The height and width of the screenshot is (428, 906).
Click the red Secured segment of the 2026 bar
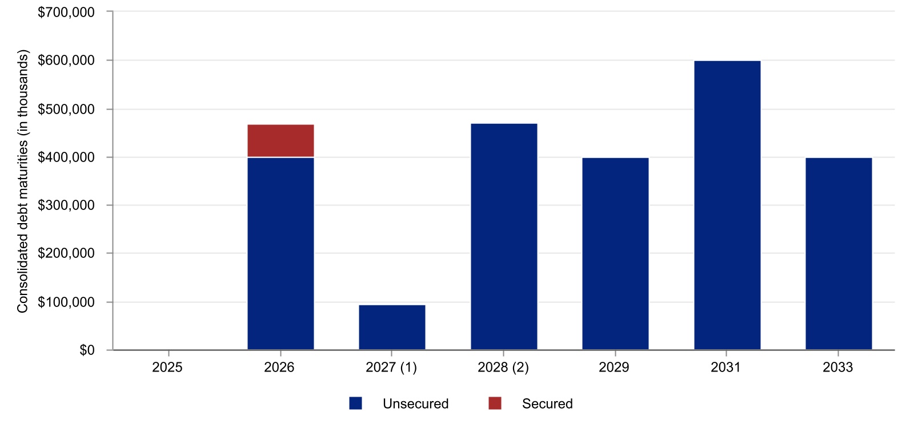pos(280,140)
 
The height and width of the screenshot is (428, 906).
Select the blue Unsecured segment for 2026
pos(280,253)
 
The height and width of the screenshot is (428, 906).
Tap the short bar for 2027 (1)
pos(392,327)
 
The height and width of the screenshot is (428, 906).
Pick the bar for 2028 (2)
pos(504,236)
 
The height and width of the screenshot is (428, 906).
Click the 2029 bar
pos(615,253)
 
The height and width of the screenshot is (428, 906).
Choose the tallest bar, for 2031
pos(727,205)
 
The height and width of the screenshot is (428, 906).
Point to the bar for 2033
pos(839,253)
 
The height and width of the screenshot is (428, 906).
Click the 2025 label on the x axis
pos(167,367)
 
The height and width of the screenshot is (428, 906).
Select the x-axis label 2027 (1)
pos(391,367)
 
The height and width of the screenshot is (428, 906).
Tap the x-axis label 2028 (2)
pos(503,367)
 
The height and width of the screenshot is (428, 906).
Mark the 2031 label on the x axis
pos(726,367)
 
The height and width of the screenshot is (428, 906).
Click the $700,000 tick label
pos(66,12)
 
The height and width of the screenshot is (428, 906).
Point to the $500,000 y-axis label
pos(66,109)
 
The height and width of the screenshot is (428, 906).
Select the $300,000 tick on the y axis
pos(66,205)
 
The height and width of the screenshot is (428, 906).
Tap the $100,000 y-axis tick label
pos(66,302)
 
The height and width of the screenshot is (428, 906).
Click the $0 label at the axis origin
pos(87,350)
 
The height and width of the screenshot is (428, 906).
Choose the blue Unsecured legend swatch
pos(356,403)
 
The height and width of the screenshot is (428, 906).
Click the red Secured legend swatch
pos(495,403)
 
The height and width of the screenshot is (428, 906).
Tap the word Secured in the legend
pos(547,403)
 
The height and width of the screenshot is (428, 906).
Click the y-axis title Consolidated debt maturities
pos(23,181)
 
